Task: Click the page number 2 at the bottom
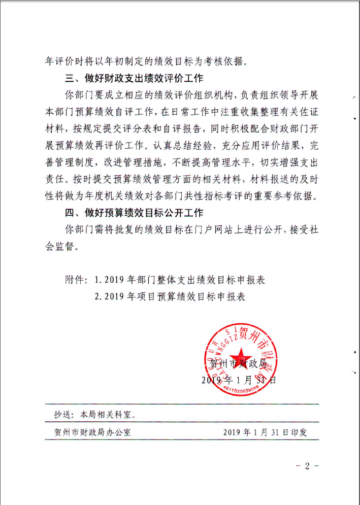click(x=306, y=466)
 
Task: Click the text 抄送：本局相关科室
click(x=94, y=414)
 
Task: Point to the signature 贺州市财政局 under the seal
click(x=238, y=364)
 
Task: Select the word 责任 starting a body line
click(x=55, y=179)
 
